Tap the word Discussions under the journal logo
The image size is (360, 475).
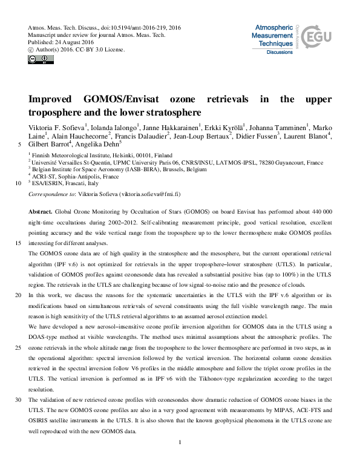280,53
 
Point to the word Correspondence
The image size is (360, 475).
52,194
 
